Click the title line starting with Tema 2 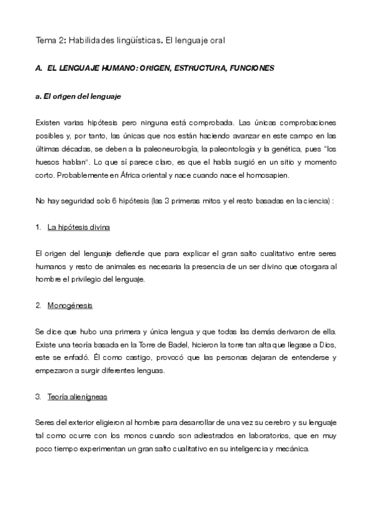click(129, 40)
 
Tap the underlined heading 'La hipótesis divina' click(78, 227)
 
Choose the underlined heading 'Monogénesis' click(70, 306)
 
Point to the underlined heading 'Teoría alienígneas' click(78, 396)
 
